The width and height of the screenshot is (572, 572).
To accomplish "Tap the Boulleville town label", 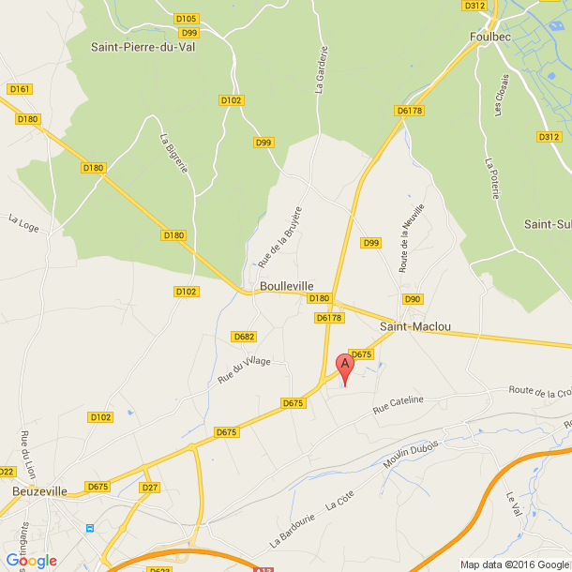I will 287,286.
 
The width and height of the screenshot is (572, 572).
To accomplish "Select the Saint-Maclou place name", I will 415,326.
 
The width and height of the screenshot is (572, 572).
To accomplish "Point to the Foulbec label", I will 489,38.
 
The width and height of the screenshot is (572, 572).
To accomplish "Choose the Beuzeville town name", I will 39,490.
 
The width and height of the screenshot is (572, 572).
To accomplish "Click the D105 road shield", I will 187,19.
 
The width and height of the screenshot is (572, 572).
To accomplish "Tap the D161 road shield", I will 20,89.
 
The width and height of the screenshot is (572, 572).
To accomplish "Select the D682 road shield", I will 244,337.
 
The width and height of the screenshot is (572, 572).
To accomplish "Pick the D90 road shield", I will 413,299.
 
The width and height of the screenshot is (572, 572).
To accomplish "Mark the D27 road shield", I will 149,488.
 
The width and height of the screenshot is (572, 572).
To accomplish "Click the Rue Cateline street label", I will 399,404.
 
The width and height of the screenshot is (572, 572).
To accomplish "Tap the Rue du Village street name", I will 244,370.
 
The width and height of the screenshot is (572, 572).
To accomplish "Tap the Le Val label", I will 512,503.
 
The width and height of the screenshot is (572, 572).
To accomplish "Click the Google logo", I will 31,561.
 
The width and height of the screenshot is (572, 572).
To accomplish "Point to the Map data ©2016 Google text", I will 515,564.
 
